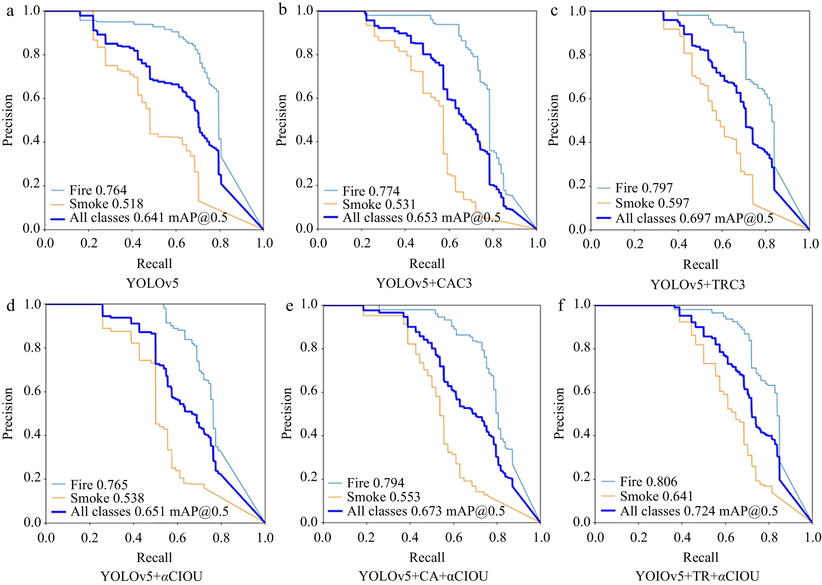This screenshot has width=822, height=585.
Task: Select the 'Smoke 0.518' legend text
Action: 106,204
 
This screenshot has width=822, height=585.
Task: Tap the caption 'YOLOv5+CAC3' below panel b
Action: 424,283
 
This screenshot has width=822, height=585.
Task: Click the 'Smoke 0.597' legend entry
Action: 652,203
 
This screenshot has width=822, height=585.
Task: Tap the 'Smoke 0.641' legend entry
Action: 656,496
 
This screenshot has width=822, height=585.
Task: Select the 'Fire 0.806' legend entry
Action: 648,482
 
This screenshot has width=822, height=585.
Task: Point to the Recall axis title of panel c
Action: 700,265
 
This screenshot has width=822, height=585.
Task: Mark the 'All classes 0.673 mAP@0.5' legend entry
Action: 426,511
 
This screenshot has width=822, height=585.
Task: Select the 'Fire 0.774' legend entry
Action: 371,191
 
